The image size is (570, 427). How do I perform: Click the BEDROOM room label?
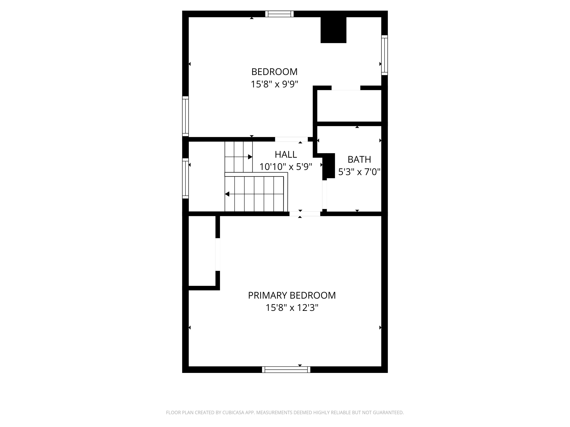click(x=274, y=72)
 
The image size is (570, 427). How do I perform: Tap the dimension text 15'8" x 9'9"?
click(x=274, y=84)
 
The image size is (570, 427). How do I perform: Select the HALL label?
click(x=286, y=154)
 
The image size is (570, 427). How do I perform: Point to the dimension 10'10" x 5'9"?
click(x=286, y=167)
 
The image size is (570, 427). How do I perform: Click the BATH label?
click(x=359, y=160)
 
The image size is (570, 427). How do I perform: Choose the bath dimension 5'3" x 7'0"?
click(x=359, y=172)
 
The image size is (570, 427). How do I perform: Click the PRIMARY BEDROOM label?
click(x=292, y=295)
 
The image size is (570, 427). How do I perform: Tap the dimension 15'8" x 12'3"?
click(x=292, y=308)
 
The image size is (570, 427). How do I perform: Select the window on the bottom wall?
click(x=286, y=370)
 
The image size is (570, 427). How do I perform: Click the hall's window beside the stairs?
click(x=185, y=178)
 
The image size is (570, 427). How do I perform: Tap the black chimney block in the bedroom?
click(x=333, y=30)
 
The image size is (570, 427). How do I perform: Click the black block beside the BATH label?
click(x=329, y=166)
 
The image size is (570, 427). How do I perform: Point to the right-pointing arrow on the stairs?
click(x=250, y=157)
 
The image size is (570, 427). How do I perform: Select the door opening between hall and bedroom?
click(x=291, y=139)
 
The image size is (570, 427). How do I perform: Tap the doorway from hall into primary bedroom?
click(x=305, y=214)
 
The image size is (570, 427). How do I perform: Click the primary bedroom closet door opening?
click(x=218, y=254)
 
